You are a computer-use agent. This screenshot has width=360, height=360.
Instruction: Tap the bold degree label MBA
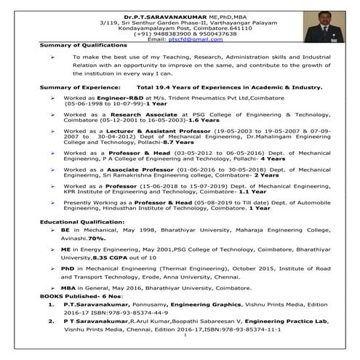coord(71,287)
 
